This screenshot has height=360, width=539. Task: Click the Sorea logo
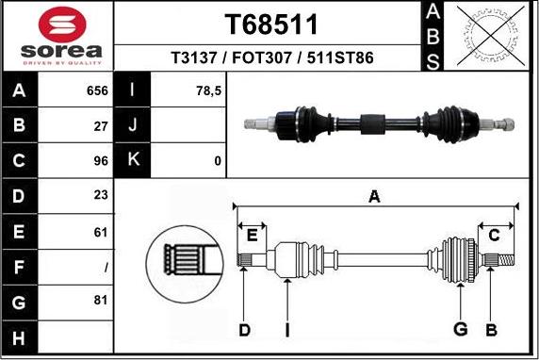coord(58,37)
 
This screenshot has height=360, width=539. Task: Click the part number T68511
coord(271,24)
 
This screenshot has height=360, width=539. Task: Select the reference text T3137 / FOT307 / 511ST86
coord(271,58)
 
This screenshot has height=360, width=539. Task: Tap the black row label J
coord(133,126)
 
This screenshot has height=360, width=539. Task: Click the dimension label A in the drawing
coord(375,197)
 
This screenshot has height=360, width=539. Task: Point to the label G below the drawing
coord(460,330)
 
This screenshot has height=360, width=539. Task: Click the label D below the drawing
coord(244,330)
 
